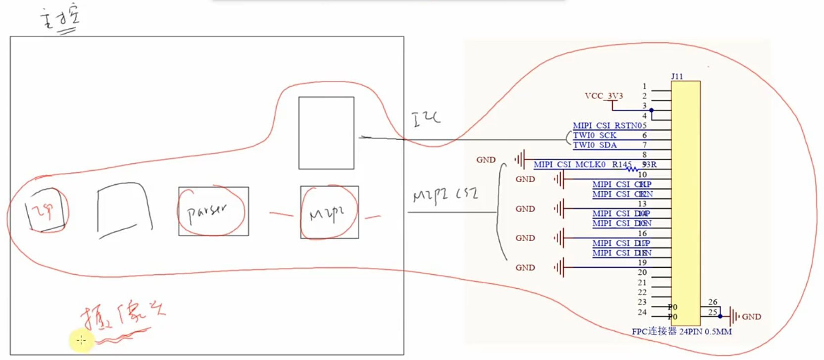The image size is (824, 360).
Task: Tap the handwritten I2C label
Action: tap(426, 119)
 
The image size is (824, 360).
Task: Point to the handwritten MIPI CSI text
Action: tap(445, 195)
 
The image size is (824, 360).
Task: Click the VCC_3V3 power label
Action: tap(603, 96)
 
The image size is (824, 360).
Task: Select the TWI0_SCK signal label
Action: tap(594, 135)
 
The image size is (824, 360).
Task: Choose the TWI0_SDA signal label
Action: tap(594, 145)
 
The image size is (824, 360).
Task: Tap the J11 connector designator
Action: tap(677, 76)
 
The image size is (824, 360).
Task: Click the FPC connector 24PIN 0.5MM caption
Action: tap(681, 331)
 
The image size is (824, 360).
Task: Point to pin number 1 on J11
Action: tap(644, 87)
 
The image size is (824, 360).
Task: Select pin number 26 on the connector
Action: tap(713, 302)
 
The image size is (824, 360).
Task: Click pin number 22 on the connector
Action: tap(642, 292)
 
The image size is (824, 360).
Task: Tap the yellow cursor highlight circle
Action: tap(81, 340)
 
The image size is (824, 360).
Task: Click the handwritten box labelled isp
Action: tap(46, 210)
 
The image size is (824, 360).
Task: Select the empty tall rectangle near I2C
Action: tap(326, 133)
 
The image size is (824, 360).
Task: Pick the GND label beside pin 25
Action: tap(751, 317)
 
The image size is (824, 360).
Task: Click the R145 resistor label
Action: tap(621, 164)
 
